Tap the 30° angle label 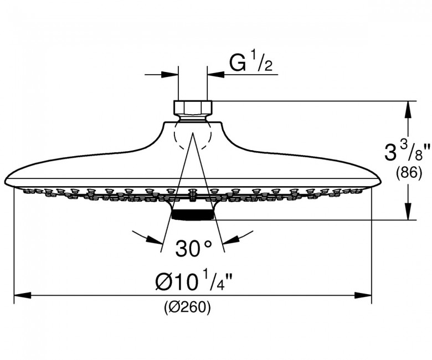point(193,249)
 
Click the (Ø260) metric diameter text point(187,307)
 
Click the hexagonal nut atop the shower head point(193,107)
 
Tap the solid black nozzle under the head point(192,214)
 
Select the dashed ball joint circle point(193,136)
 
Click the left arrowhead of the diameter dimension point(22,295)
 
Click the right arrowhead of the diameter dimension point(363,295)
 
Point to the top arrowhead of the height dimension point(408,110)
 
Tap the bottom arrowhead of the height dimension point(408,212)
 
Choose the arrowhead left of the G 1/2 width point(170,74)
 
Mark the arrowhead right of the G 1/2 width point(215,74)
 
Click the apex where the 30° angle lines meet point(193,133)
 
